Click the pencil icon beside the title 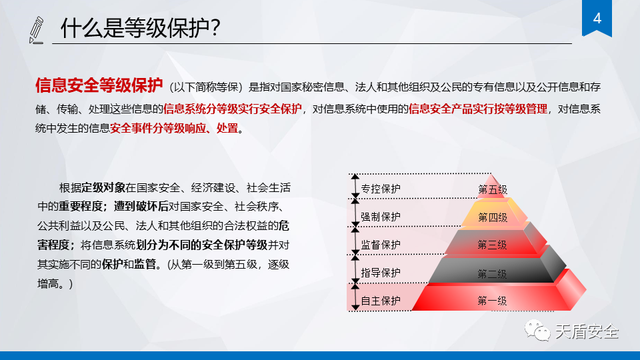[36, 30]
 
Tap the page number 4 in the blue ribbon [597, 19]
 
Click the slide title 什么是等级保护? [141, 28]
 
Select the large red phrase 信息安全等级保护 [99, 85]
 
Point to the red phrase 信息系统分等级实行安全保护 [233, 109]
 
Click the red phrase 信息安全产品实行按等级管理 [478, 109]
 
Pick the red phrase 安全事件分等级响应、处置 [174, 128]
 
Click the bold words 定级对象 [103, 188]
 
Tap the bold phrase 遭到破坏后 [141, 207]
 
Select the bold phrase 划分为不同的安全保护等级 [201, 245]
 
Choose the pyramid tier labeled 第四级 [493, 214]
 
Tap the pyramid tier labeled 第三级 [493, 243]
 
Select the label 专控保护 [381, 189]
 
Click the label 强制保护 [381, 217]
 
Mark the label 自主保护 [381, 301]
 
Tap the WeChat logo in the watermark [537, 331]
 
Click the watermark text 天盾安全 [587, 331]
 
